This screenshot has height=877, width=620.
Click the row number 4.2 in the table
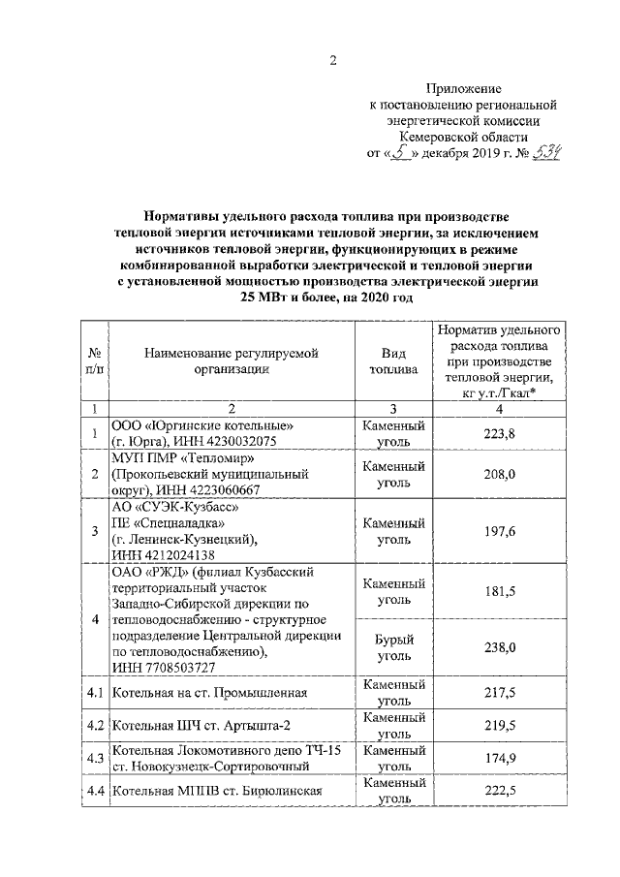coord(94,726)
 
